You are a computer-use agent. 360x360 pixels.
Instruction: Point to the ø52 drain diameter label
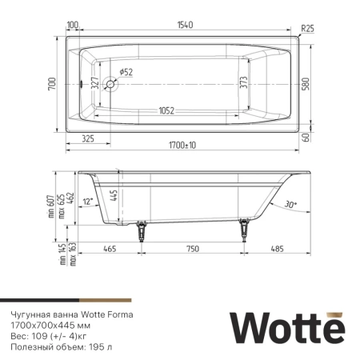(126, 72)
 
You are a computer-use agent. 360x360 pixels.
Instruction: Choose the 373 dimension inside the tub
(243, 82)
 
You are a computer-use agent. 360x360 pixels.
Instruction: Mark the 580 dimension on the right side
(305, 82)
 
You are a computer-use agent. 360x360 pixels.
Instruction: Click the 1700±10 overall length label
(183, 146)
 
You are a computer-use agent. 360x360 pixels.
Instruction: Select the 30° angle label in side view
(290, 204)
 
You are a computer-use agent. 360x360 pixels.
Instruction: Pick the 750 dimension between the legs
(192, 250)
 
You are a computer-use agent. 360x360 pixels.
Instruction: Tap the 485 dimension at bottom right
(277, 250)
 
